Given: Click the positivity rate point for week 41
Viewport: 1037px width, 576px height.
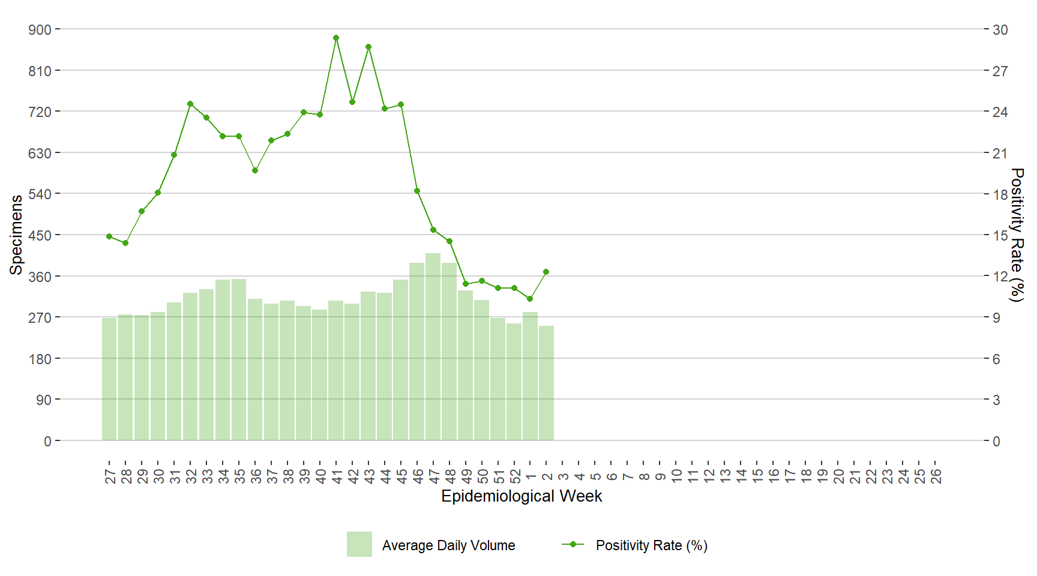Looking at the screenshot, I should click(x=336, y=38).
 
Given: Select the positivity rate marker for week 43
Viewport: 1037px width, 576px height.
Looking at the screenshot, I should click(x=368, y=47).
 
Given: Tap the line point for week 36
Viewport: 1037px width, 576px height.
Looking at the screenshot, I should click(x=255, y=170).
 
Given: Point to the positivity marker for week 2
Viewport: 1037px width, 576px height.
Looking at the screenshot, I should click(x=546, y=272).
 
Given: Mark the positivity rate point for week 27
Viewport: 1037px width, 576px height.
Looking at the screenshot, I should click(x=109, y=236).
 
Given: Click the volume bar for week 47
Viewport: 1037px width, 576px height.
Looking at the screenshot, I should click(x=433, y=347).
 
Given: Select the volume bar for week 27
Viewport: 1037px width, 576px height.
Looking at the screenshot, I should click(x=109, y=379).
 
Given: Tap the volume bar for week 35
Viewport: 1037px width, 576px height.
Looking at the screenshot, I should click(x=239, y=360).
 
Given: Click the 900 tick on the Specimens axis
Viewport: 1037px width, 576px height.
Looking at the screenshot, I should click(x=40, y=29).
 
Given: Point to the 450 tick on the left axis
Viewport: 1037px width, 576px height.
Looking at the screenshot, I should click(x=40, y=235).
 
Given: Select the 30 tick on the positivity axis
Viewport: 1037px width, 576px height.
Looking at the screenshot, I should click(x=1000, y=30).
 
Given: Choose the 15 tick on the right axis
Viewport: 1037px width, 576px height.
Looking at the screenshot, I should click(x=1000, y=235).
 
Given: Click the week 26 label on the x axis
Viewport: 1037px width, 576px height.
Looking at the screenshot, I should click(x=936, y=476).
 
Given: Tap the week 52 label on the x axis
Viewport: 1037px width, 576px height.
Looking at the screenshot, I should click(x=515, y=476).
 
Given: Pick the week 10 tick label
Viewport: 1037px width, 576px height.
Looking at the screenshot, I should click(x=676, y=476).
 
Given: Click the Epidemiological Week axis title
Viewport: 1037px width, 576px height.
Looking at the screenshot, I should click(x=522, y=496).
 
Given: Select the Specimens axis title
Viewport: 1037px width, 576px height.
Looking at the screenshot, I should click(x=16, y=235).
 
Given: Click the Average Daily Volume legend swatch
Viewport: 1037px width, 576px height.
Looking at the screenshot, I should click(x=359, y=544).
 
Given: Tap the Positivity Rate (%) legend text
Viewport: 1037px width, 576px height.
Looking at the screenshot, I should click(x=652, y=545).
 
